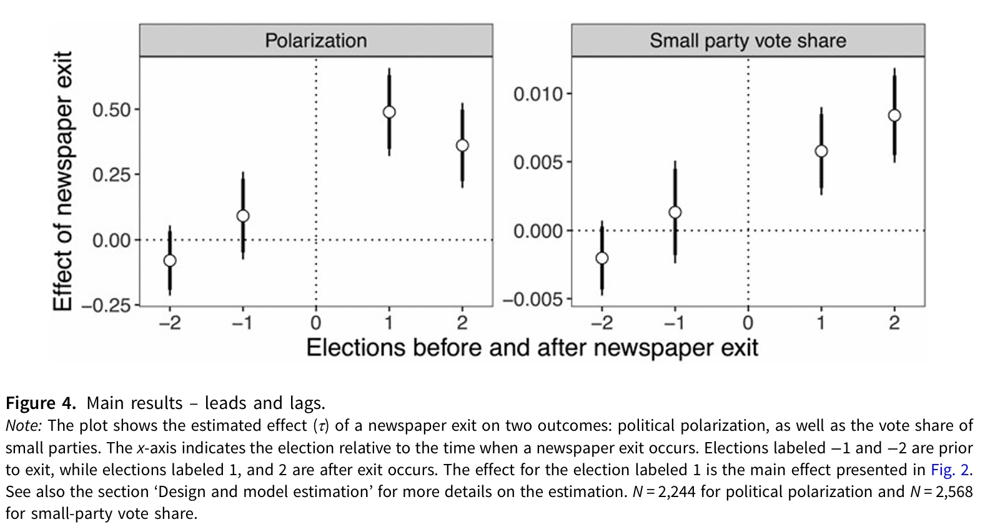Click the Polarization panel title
pyautogui.click(x=315, y=41)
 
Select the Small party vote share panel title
pyautogui.click(x=748, y=41)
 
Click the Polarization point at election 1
pyautogui.click(x=389, y=112)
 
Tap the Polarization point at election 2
pyautogui.click(x=462, y=145)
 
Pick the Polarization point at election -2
pyautogui.click(x=170, y=260)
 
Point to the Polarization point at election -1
pyautogui.click(x=243, y=216)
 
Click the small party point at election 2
pyautogui.click(x=894, y=116)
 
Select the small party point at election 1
pyautogui.click(x=821, y=151)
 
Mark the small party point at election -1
pyautogui.click(x=675, y=212)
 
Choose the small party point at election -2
pyautogui.click(x=602, y=258)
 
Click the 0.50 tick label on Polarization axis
pyautogui.click(x=112, y=110)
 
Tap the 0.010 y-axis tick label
pyautogui.click(x=538, y=94)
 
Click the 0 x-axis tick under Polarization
pyautogui.click(x=316, y=323)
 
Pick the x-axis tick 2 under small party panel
pyautogui.click(x=894, y=323)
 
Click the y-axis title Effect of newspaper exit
pyautogui.click(x=62, y=181)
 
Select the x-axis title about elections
pyautogui.click(x=532, y=348)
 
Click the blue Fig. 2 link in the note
pyautogui.click(x=950, y=470)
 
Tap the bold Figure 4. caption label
pyautogui.click(x=41, y=403)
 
